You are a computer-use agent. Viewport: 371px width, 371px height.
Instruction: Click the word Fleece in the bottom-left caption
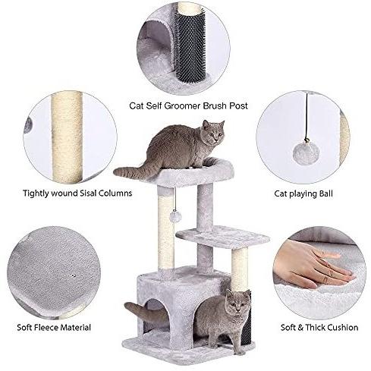pos(46,328)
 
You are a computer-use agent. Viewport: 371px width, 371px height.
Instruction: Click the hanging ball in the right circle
pos(306,153)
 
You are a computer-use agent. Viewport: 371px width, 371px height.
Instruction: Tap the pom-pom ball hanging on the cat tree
pos(175,217)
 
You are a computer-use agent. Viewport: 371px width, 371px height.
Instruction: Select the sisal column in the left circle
pos(67,137)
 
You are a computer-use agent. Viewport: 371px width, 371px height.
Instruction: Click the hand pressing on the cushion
pos(313,266)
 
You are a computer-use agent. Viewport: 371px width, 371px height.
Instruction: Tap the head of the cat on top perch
pos(213,132)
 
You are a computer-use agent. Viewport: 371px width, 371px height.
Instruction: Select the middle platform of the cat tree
pos(222,236)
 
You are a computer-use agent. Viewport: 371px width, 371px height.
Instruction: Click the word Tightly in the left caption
pos(36,193)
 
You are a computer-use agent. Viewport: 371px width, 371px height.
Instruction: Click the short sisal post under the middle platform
pos(240,269)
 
